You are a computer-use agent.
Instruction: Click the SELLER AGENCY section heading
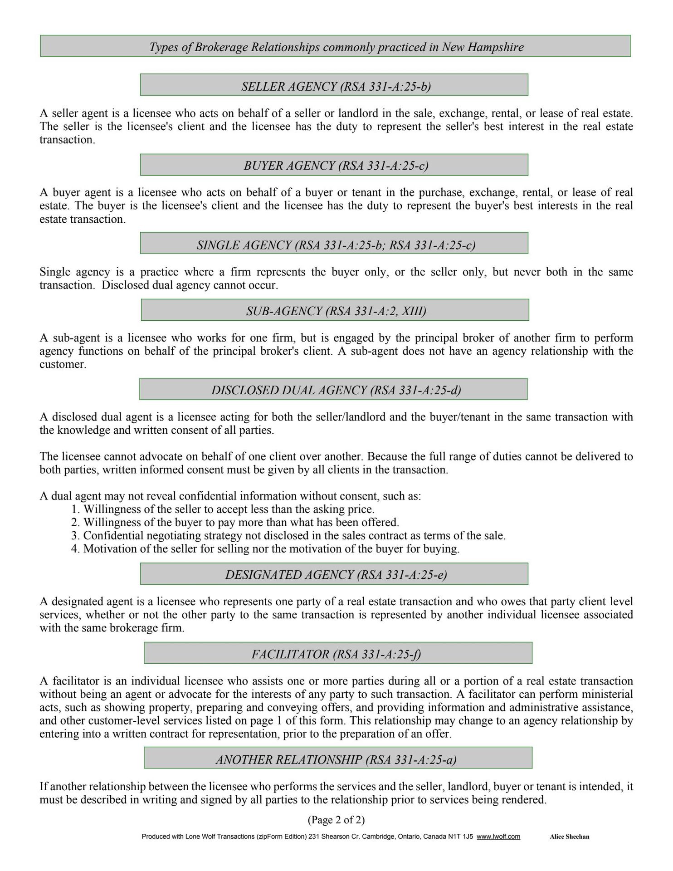click(x=336, y=86)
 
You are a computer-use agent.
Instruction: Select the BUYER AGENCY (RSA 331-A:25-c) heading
click(x=336, y=166)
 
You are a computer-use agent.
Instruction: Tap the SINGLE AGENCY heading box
click(x=336, y=245)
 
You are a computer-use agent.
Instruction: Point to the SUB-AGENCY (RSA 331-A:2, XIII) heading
click(x=336, y=311)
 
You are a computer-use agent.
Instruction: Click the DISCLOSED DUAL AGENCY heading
click(x=336, y=390)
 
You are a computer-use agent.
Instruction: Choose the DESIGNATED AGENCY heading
click(x=336, y=575)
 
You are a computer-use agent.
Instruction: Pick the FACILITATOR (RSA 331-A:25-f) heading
click(x=336, y=654)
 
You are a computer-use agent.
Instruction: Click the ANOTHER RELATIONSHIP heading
click(x=336, y=759)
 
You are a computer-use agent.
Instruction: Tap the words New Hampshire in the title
click(x=483, y=47)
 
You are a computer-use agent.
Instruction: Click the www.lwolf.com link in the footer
click(x=498, y=837)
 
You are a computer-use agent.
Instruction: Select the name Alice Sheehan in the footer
click(x=569, y=837)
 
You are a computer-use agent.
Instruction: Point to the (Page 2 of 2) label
click(x=336, y=820)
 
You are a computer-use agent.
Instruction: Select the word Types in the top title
click(x=164, y=47)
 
